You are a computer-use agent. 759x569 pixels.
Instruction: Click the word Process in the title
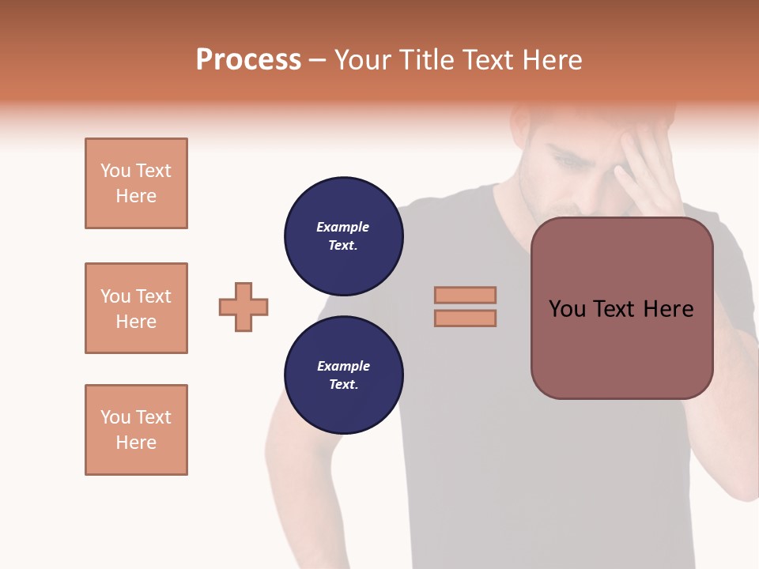pyautogui.click(x=248, y=60)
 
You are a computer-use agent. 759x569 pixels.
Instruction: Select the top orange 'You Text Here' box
pyautogui.click(x=136, y=183)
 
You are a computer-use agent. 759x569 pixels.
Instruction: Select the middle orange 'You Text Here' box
pyautogui.click(x=136, y=308)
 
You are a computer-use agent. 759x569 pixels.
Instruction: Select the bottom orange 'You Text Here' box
pyautogui.click(x=136, y=430)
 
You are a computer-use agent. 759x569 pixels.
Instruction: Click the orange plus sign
pyautogui.click(x=244, y=307)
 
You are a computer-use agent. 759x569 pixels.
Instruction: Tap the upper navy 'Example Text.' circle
pyautogui.click(x=343, y=236)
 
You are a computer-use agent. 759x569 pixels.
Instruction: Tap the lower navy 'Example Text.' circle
pyautogui.click(x=343, y=375)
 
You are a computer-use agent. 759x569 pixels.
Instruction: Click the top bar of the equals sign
pyautogui.click(x=465, y=295)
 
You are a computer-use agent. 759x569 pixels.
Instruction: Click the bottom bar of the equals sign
pyautogui.click(x=465, y=318)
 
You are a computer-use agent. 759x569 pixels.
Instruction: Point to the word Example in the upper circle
pyautogui.click(x=342, y=227)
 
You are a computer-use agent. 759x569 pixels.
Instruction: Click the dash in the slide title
pyautogui.click(x=318, y=60)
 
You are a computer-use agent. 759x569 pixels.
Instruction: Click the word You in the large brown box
pyautogui.click(x=567, y=309)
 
